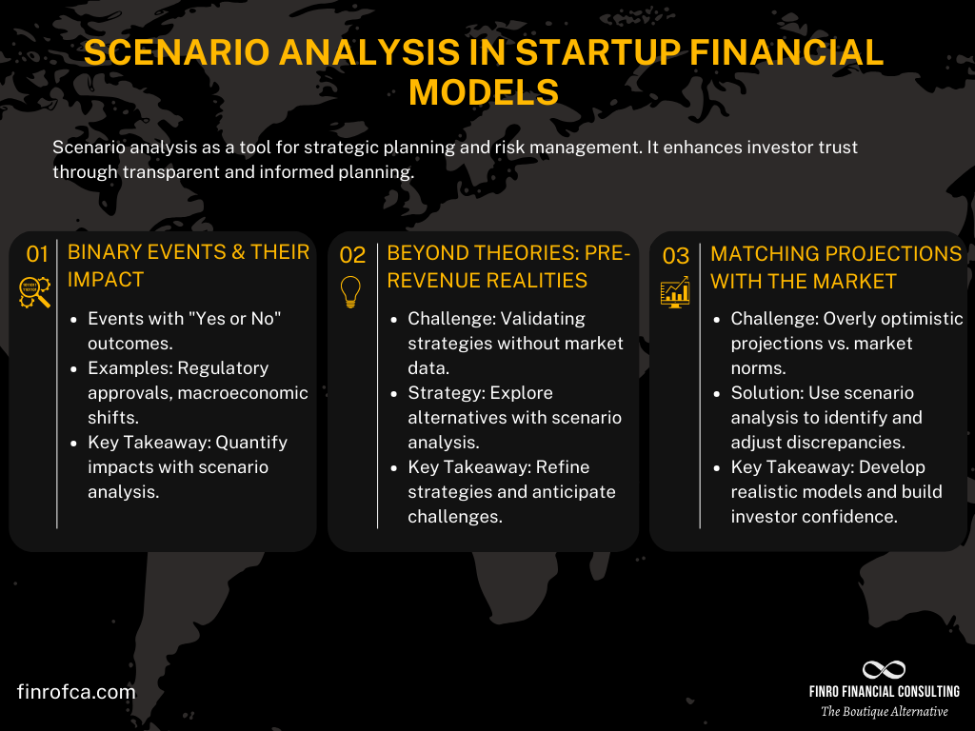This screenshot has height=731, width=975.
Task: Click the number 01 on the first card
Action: pyautogui.click(x=37, y=254)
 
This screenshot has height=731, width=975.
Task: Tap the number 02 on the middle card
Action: pyautogui.click(x=352, y=254)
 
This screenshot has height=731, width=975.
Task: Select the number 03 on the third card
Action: pyautogui.click(x=675, y=254)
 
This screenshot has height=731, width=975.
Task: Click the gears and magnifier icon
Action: pyautogui.click(x=36, y=292)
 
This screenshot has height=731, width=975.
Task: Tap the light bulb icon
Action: pyautogui.click(x=351, y=292)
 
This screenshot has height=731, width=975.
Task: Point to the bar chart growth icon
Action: pyautogui.click(x=675, y=292)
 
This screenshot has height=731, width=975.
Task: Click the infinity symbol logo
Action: pyautogui.click(x=884, y=669)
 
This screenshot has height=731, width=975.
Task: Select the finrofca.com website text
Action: pyautogui.click(x=76, y=692)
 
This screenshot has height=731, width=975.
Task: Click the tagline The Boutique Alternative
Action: pyautogui.click(x=884, y=712)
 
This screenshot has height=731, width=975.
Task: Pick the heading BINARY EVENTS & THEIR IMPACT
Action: pyautogui.click(x=189, y=266)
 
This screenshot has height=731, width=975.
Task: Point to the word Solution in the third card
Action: pyautogui.click(x=760, y=392)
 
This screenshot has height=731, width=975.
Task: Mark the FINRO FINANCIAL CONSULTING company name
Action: pyautogui.click(x=884, y=691)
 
